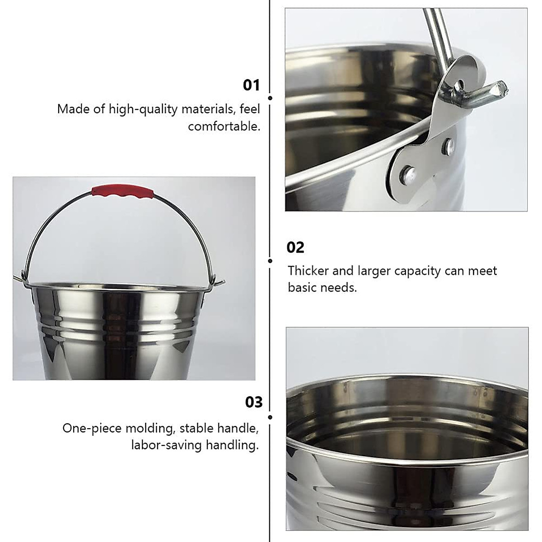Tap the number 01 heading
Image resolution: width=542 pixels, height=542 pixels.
tap(252, 85)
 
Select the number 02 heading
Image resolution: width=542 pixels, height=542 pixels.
tap(295, 247)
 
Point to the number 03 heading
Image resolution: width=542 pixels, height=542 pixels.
tap(253, 402)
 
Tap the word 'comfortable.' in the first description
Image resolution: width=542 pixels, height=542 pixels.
tap(224, 126)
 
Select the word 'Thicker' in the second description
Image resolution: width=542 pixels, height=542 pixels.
tap(308, 271)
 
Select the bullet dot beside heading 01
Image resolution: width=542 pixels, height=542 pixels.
tap(270, 98)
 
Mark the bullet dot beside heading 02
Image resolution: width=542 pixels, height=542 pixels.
tap(270, 261)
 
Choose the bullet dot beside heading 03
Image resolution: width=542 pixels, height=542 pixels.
tap(270, 417)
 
